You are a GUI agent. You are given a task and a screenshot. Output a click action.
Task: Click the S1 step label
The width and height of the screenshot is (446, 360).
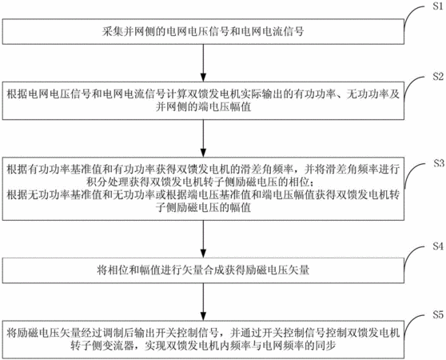438,6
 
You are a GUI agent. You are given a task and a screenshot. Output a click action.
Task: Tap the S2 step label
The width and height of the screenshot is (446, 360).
438,76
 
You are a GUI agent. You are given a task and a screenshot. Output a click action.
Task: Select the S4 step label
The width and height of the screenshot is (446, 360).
438,246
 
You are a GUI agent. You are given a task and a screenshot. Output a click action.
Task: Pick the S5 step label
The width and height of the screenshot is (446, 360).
438,314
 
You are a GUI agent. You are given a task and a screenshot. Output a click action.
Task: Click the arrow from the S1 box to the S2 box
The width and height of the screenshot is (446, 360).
203,63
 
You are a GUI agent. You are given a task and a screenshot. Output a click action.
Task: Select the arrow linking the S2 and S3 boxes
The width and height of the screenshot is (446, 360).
203,138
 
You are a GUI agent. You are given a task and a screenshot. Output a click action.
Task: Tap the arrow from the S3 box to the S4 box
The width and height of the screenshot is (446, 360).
203,239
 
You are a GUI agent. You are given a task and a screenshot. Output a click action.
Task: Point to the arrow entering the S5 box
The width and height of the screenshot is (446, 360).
203,302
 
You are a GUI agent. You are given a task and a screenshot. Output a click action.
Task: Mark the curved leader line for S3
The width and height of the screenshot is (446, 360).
411,172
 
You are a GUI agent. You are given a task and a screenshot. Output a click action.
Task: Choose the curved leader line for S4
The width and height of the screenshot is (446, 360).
411,254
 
